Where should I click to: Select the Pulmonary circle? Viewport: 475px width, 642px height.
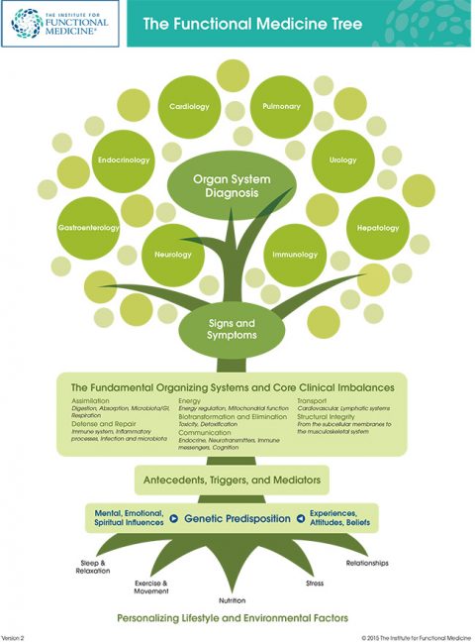pos(282,106)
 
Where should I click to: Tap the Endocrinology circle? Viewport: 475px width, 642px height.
pos(125,159)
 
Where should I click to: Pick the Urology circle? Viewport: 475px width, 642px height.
pos(342,160)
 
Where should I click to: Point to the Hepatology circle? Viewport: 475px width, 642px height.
pos(378,228)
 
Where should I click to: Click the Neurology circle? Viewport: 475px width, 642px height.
pos(173,255)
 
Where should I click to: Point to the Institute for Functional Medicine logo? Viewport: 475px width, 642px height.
pos(61,24)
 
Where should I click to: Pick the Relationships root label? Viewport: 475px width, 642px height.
pos(367,563)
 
